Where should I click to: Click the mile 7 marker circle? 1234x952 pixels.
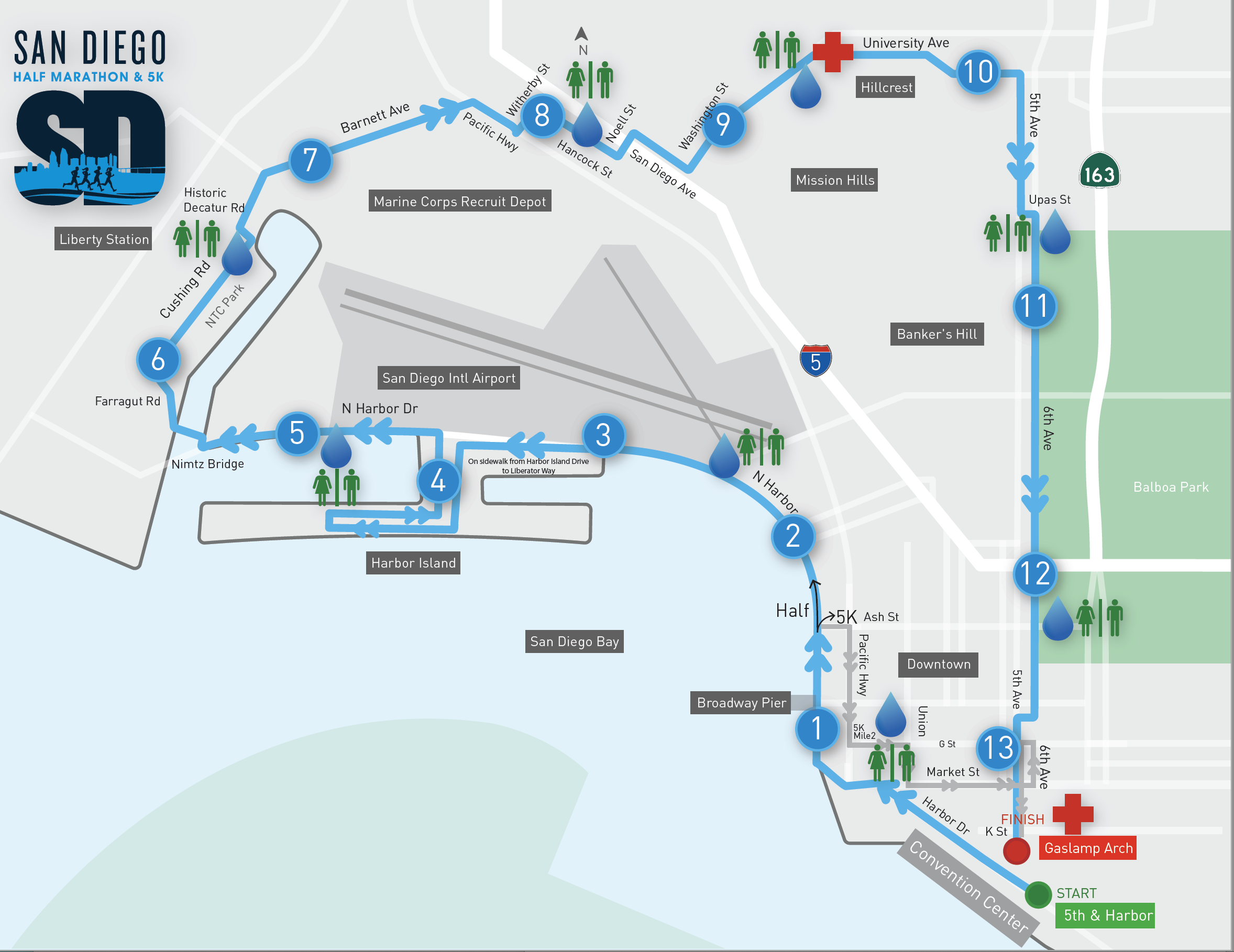coord(310,160)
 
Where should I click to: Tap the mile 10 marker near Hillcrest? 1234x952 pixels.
coord(978,72)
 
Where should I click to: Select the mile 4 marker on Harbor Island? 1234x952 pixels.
coord(438,481)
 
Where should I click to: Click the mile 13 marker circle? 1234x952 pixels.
coord(998,748)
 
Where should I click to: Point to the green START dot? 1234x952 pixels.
coord(1038,894)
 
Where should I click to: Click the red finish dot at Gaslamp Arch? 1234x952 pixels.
coord(1017,850)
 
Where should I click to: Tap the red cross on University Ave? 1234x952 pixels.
coord(832,52)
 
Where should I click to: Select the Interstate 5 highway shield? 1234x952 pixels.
coord(816,360)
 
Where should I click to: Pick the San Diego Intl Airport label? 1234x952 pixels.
coord(449,378)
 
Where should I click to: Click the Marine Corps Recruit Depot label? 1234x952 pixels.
coord(460,201)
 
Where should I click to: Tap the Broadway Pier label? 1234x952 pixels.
coord(741,703)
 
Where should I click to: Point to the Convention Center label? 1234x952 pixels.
coord(968,886)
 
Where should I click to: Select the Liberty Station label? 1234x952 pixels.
coord(104,239)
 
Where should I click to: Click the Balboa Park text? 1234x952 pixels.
coord(1171,487)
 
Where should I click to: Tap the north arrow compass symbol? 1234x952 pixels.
coord(582,40)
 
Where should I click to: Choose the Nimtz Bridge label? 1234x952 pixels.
coord(207,464)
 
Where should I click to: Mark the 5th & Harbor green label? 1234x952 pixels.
coord(1105,915)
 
